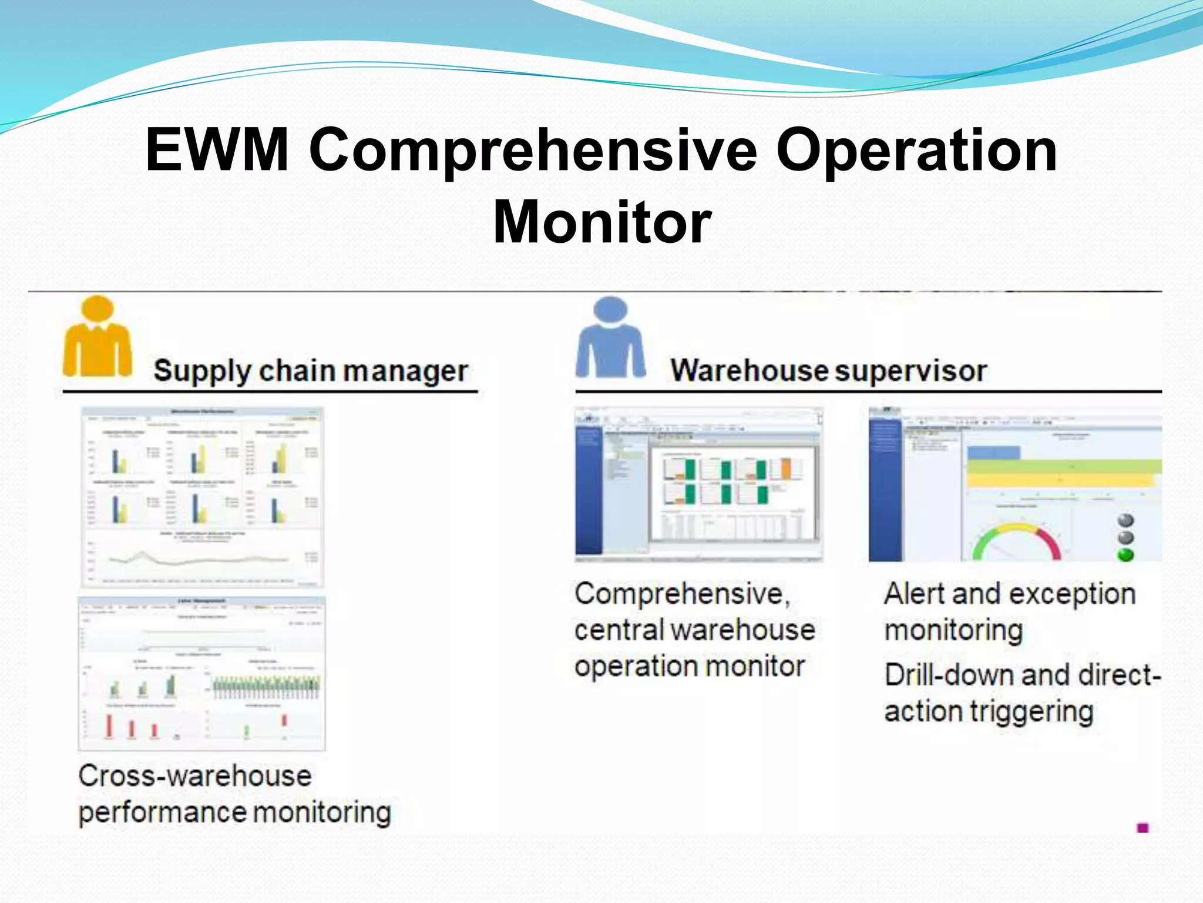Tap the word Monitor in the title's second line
[601, 222]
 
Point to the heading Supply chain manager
[310, 371]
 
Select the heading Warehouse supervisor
[828, 371]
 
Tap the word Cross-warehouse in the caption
[194, 776]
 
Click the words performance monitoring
[234, 812]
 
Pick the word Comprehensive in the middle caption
[681, 594]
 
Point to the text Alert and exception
[1009, 594]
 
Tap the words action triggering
[989, 711]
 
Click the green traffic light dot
[1125, 554]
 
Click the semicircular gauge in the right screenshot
[1016, 541]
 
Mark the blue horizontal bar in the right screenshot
[993, 453]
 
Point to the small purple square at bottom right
[1142, 828]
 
